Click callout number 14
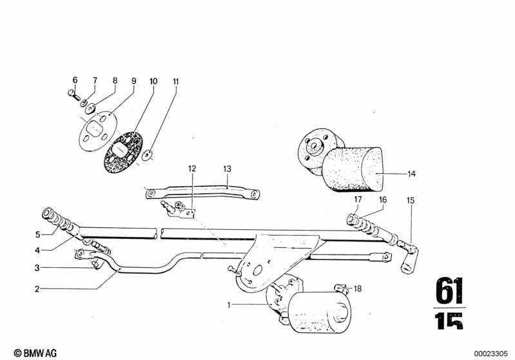(x=411, y=174)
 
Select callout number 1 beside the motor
(x=229, y=305)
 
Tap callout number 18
(x=357, y=289)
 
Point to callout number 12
(x=192, y=169)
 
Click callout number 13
(x=228, y=169)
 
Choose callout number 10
(x=153, y=81)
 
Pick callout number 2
(x=37, y=289)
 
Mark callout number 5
(x=38, y=234)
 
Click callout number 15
(x=411, y=200)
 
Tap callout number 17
(x=358, y=199)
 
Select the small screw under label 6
(x=74, y=95)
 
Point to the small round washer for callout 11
(x=148, y=155)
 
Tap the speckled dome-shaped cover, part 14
(x=352, y=169)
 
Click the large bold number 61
(x=449, y=290)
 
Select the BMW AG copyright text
(x=35, y=353)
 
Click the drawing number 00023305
(x=491, y=354)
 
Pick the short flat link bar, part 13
(x=202, y=193)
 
